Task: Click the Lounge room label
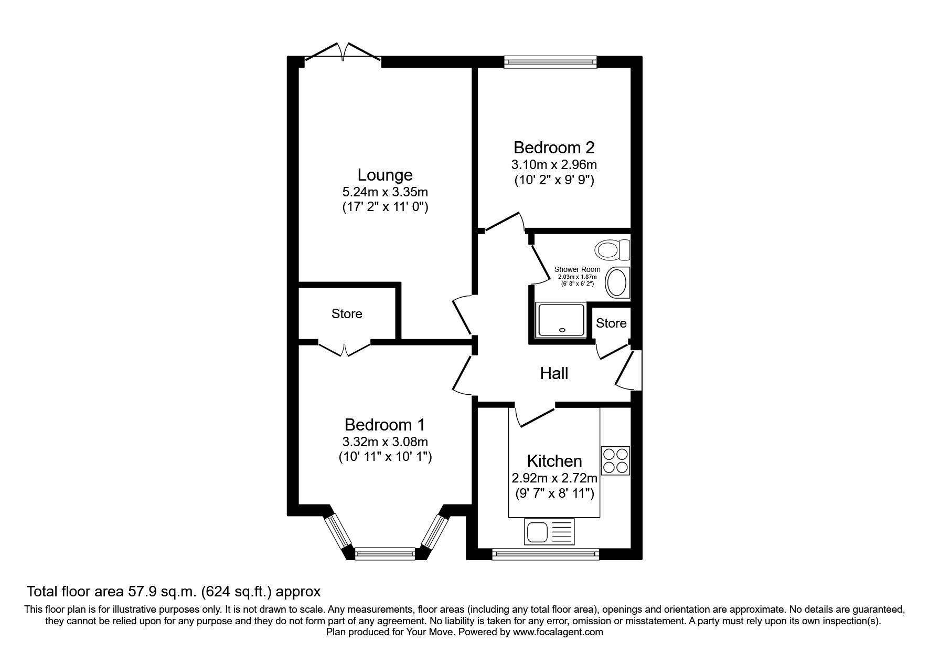pos(385,175)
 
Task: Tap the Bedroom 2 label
pos(554,147)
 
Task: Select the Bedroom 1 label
pos(385,424)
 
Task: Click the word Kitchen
pos(554,461)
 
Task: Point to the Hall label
pos(554,374)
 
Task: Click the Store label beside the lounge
pos(347,314)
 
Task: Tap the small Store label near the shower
pos(611,323)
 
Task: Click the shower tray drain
pos(562,330)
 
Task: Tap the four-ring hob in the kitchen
pos(615,460)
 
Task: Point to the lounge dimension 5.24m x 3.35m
pos(385,192)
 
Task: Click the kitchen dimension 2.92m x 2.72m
pos(554,478)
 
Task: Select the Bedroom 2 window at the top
pos(550,62)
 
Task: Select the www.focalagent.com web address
pos(558,632)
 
